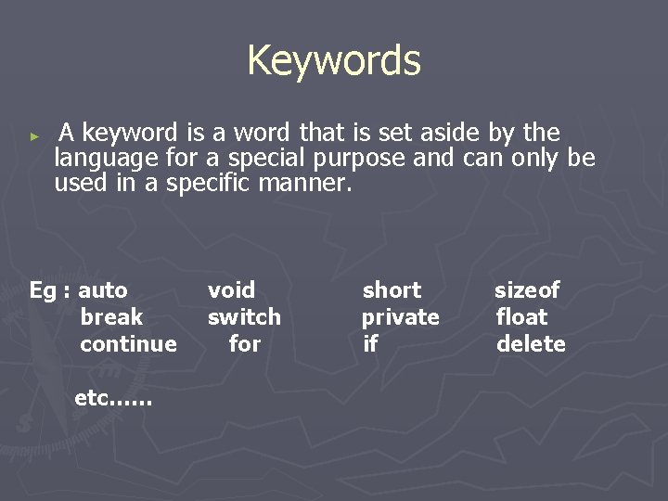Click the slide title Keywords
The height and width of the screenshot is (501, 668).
pyautogui.click(x=334, y=61)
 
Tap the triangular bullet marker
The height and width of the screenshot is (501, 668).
pyautogui.click(x=34, y=135)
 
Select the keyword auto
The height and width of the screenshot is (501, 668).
pyautogui.click(x=103, y=290)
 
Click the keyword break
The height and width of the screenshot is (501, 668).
pyautogui.click(x=111, y=317)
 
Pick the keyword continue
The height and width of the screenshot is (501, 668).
pyautogui.click(x=128, y=344)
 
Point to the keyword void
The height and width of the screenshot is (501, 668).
pyautogui.click(x=231, y=290)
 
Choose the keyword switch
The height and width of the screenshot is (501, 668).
pyautogui.click(x=244, y=317)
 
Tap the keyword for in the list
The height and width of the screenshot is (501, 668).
pyautogui.click(x=245, y=344)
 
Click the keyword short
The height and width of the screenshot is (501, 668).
pyautogui.click(x=392, y=290)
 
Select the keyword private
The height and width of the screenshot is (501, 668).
pyautogui.click(x=401, y=317)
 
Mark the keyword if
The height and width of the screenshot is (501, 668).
pyautogui.click(x=370, y=344)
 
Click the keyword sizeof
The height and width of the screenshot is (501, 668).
pyautogui.click(x=527, y=290)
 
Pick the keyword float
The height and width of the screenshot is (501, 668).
pyautogui.click(x=522, y=317)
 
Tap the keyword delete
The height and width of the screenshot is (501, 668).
pyautogui.click(x=531, y=344)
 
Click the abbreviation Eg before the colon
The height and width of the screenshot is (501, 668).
pyautogui.click(x=43, y=291)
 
